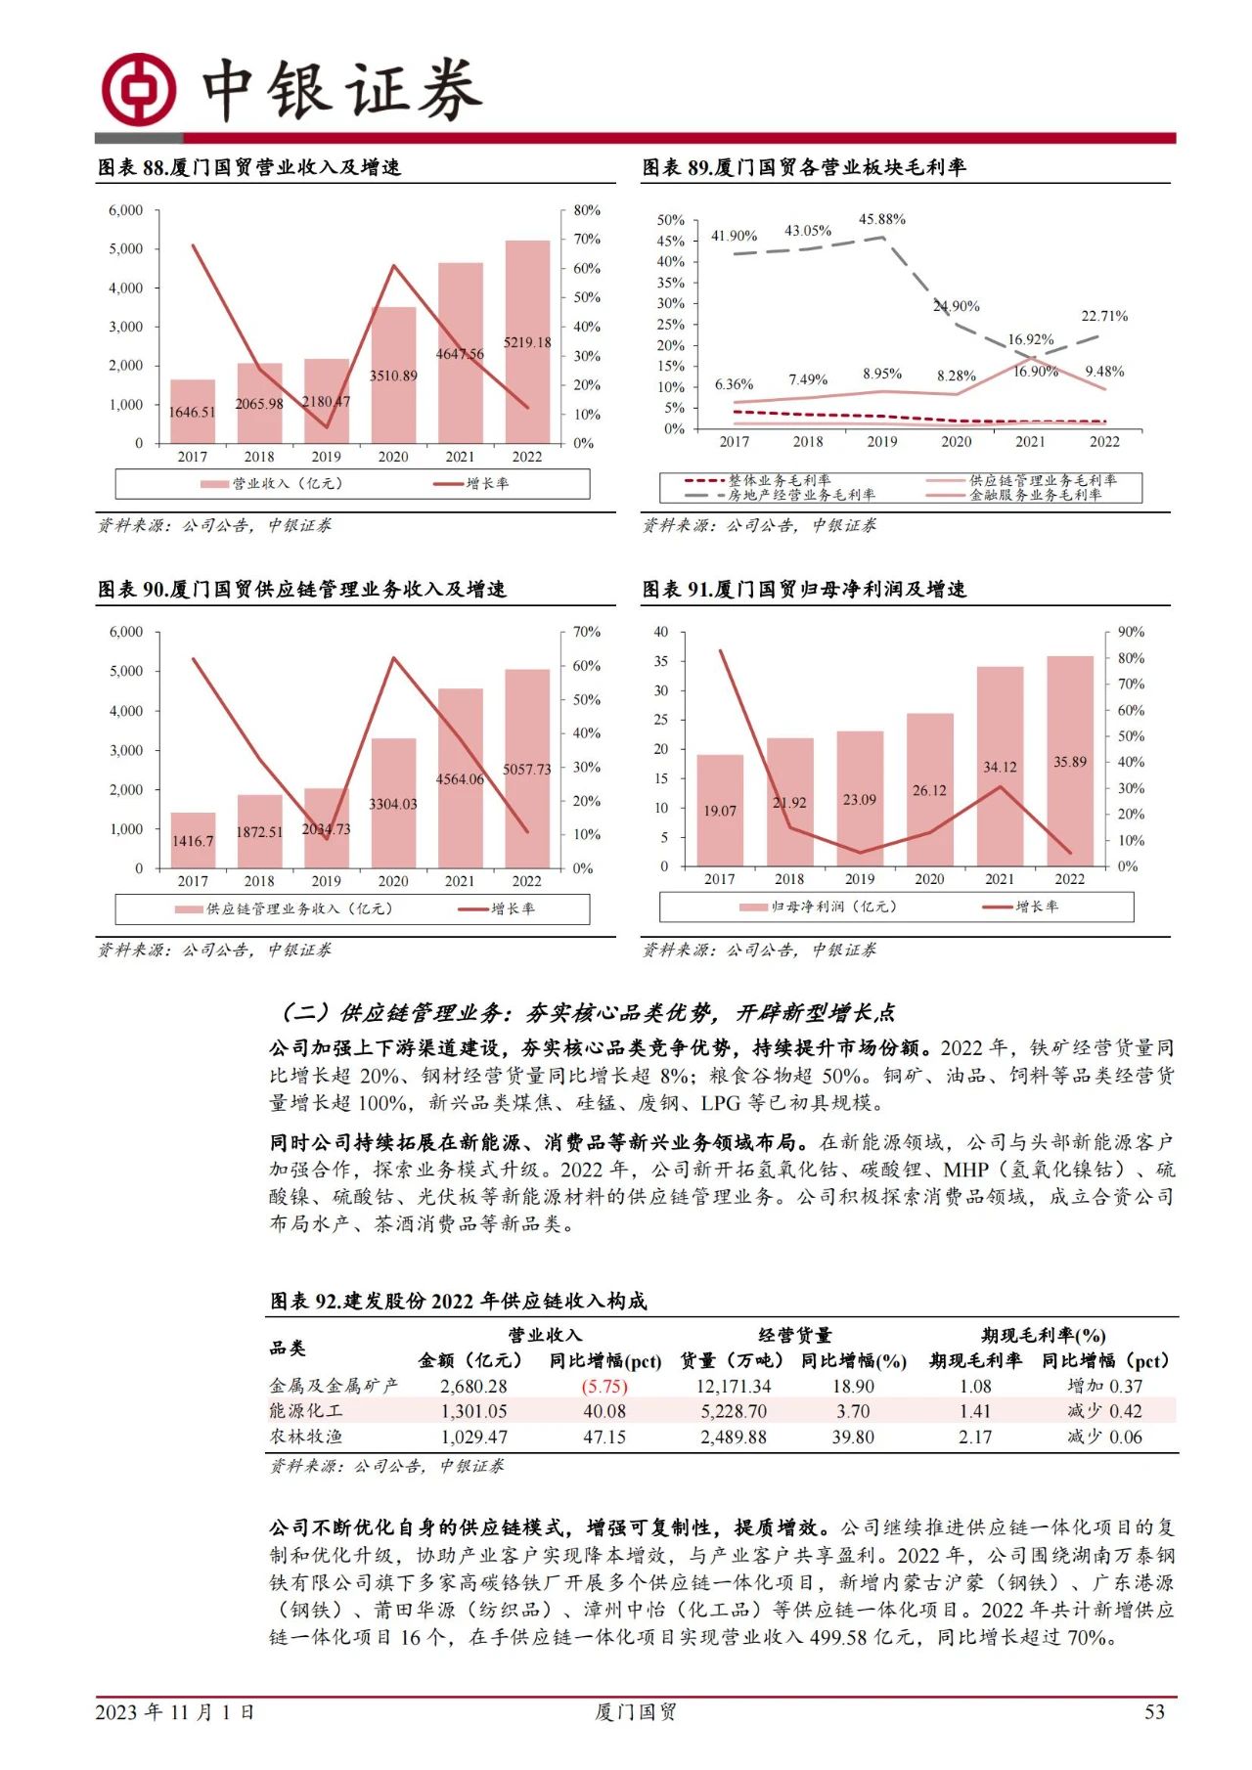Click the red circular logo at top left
(x=139, y=89)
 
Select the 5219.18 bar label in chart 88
(x=527, y=342)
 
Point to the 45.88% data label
(x=881, y=219)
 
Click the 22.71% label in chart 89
(x=1103, y=316)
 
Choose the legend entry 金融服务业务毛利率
(x=1035, y=495)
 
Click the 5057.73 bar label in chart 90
(x=527, y=770)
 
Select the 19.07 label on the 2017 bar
(x=720, y=811)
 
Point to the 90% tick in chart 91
(x=1131, y=632)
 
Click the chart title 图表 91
(x=803, y=589)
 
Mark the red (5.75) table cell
(x=604, y=1386)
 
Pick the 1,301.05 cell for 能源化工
(x=473, y=1411)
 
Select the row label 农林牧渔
(x=306, y=1437)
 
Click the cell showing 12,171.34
(x=734, y=1386)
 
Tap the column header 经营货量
(x=794, y=1335)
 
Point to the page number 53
(x=1154, y=1711)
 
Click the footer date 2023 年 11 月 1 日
(x=175, y=1711)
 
